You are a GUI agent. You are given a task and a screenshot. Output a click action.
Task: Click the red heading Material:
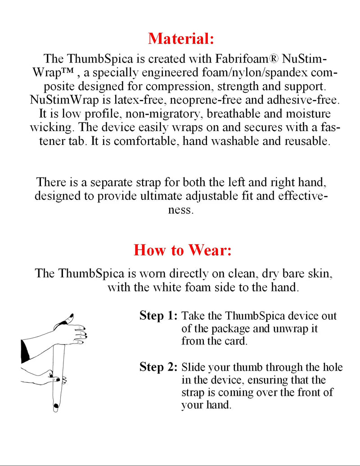tap(181, 38)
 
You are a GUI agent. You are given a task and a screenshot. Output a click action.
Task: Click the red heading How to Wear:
tap(182, 250)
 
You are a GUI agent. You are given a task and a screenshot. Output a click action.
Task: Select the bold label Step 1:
tap(158, 316)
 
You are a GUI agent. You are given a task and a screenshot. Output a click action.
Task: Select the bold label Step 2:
tap(158, 367)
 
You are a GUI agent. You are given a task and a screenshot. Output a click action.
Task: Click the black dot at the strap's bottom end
tap(56, 406)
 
